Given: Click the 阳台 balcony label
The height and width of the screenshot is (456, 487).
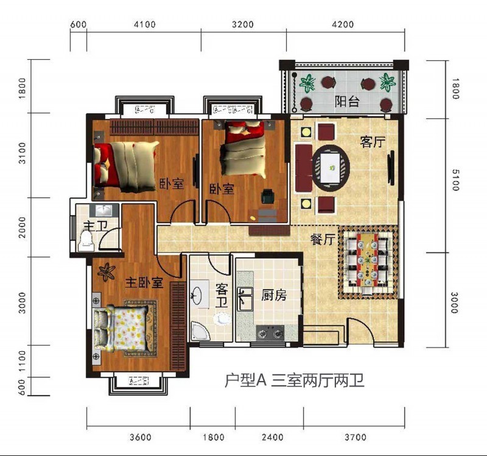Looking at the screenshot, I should point(346,101).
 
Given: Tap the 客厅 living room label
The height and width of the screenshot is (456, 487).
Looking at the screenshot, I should point(372,142).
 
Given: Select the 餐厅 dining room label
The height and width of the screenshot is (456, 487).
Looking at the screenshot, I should point(323,240).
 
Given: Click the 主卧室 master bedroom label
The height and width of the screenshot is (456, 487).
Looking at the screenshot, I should point(144,282).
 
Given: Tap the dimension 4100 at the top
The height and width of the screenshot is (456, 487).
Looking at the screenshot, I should point(144,25).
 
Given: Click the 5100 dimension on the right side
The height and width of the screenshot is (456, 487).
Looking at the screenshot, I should point(455,180).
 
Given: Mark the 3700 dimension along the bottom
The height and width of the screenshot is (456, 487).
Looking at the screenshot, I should point(355,437).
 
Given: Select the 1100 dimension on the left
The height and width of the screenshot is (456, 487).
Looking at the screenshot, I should point(22,360).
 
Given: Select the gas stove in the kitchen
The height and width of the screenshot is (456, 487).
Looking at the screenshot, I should point(271,333).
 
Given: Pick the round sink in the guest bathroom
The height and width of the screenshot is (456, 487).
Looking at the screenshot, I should point(196,295).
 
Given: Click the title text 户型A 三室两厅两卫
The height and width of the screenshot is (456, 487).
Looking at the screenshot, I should point(294,381).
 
